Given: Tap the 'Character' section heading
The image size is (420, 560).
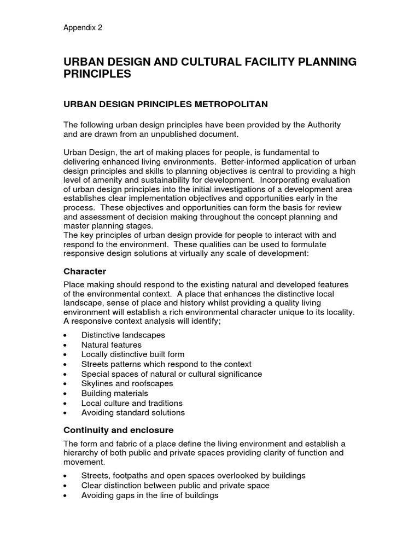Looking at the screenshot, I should pos(85,271).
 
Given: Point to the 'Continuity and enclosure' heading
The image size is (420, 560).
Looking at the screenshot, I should pos(118,430).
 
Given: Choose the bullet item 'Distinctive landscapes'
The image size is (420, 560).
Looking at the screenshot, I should pos(123,335).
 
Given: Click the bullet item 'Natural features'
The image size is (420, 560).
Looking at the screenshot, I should pos(111,345).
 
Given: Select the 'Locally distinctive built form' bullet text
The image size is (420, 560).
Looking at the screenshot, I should pos(133,354).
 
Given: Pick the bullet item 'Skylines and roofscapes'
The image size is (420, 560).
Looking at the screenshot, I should pos(127,383).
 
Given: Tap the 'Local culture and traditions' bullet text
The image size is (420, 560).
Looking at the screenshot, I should pos(131,403).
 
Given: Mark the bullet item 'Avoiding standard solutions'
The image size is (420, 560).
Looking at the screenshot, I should pos(133,412).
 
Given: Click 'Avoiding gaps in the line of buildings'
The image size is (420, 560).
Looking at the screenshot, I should pos(149,495).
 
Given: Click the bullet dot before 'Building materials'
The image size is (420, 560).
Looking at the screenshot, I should pos(66,394).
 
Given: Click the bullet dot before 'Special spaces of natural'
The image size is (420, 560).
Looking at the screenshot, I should pos(66,375).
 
